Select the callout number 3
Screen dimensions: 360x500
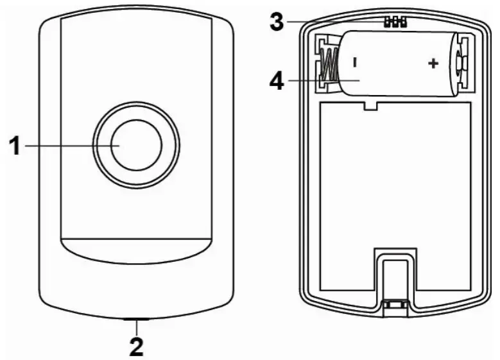pyautogui.click(x=276, y=22)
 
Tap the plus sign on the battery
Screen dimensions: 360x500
pyautogui.click(x=433, y=64)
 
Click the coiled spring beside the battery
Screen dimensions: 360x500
pyautogui.click(x=327, y=65)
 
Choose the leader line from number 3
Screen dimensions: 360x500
pyautogui.click(x=334, y=22)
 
